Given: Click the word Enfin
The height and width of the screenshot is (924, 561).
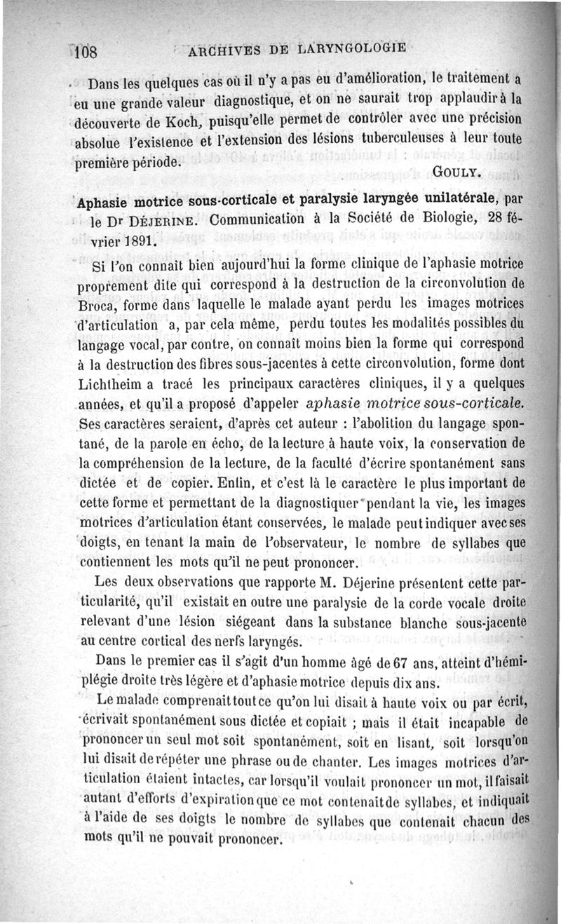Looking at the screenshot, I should (233, 484).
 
